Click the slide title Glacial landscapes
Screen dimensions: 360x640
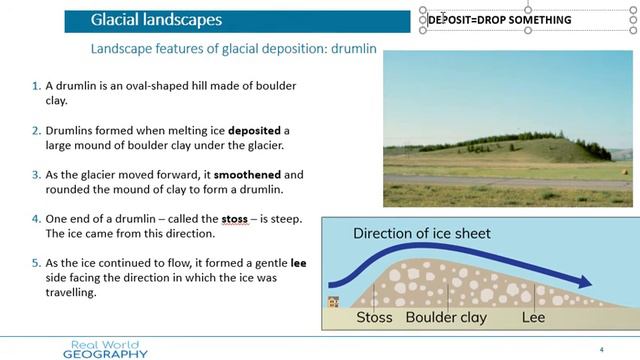[x=156, y=20]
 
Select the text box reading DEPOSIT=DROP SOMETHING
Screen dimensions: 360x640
[x=500, y=20]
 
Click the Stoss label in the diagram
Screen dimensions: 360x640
[x=375, y=319]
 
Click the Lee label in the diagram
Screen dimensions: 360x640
[x=534, y=319]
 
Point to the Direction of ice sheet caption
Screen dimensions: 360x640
[x=420, y=234]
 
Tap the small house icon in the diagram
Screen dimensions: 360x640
[x=333, y=302]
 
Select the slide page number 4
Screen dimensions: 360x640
[x=601, y=349]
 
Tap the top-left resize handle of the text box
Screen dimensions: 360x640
[x=423, y=10]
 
